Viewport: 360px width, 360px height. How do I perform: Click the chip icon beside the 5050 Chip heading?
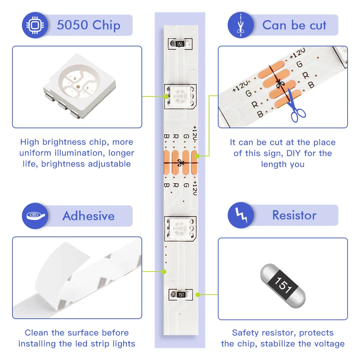[35, 26]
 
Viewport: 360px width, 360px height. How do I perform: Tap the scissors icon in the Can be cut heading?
[240, 25]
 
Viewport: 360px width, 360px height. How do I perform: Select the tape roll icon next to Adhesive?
[35, 216]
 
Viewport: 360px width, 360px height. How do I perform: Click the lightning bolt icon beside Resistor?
[240, 216]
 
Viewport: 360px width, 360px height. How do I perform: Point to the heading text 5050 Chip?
[88, 25]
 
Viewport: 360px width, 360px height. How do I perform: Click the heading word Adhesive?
[88, 216]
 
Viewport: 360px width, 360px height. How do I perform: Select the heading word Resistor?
[294, 215]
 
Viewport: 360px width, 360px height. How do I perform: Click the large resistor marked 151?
[283, 285]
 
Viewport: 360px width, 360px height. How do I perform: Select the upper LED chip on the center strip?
[180, 96]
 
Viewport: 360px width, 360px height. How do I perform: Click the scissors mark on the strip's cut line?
[180, 162]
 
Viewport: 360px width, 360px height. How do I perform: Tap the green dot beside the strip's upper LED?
[166, 96]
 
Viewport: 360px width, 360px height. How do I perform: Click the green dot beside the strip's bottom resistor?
[198, 294]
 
